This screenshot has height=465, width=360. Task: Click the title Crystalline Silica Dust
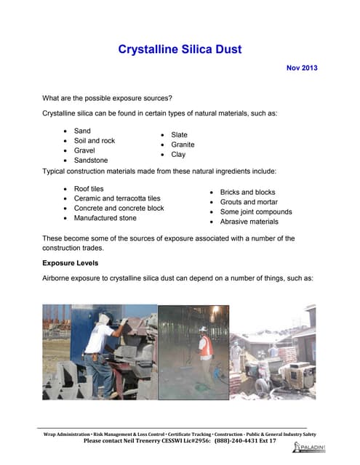click(x=180, y=49)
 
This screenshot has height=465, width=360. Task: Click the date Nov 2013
click(x=303, y=68)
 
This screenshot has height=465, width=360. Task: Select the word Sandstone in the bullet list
click(x=91, y=160)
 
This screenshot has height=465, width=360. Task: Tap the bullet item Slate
click(x=179, y=135)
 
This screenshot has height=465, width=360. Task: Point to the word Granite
click(x=183, y=145)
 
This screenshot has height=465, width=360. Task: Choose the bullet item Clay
click(x=178, y=154)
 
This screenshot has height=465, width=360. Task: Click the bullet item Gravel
click(x=86, y=150)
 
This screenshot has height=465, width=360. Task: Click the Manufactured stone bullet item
click(x=105, y=217)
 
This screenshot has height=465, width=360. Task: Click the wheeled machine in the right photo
click(x=295, y=378)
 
